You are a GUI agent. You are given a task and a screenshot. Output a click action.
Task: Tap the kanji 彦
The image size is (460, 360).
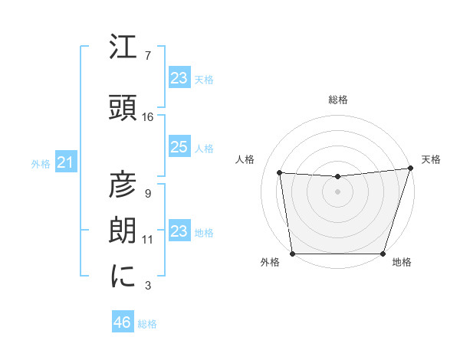pos(123,185)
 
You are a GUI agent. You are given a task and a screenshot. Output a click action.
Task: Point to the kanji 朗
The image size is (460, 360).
pos(123,231)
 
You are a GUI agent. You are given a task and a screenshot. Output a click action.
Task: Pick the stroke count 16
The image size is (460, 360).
pos(148,117)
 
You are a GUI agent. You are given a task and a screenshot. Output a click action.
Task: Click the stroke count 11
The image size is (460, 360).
pos(148,240)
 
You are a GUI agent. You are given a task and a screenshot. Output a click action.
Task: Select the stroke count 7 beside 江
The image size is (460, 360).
pos(148,56)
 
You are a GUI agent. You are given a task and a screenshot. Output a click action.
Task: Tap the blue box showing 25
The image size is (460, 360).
pos(179,147)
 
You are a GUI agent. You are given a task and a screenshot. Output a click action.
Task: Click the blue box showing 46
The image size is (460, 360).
pos(123,322)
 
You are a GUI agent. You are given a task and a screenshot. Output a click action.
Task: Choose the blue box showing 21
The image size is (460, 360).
pos(65,162)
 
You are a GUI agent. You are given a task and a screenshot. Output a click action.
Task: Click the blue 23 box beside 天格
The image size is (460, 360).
pos(179,78)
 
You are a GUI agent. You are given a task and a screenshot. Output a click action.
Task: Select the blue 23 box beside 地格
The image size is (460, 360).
pos(179,231)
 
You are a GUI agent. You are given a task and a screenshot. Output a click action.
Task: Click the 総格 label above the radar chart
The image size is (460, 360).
pos(337,100)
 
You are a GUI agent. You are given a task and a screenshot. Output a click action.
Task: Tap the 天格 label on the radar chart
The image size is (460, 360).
pos(431,159)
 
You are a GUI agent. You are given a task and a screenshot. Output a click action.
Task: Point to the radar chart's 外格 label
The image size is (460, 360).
pos(270,262)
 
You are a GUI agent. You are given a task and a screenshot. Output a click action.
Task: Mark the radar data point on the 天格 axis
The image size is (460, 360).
pos(410,169)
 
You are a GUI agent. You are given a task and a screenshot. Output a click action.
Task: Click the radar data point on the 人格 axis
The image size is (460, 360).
pos(280,173)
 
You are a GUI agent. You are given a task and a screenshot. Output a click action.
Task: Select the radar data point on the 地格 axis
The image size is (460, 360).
pos(383,254)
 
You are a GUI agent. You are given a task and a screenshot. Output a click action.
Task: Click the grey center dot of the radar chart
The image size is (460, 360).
pos(337,191)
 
